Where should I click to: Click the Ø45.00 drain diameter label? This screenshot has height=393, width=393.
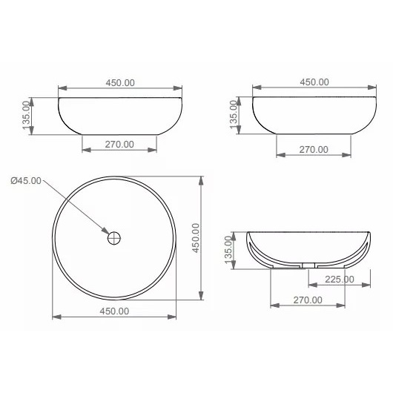click(26, 180)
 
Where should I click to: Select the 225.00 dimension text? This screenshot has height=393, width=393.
click(340, 280)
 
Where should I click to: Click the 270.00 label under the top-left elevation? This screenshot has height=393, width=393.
click(119, 145)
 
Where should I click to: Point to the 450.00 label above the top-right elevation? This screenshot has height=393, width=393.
click(314, 82)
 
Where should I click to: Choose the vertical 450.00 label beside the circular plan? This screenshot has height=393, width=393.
click(196, 238)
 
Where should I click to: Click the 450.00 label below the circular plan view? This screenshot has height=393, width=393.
click(114, 311)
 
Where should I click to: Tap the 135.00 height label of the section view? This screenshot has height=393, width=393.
click(228, 250)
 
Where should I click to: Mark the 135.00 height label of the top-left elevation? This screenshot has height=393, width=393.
click(26, 115)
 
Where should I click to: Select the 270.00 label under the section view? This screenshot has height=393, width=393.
click(308, 300)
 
